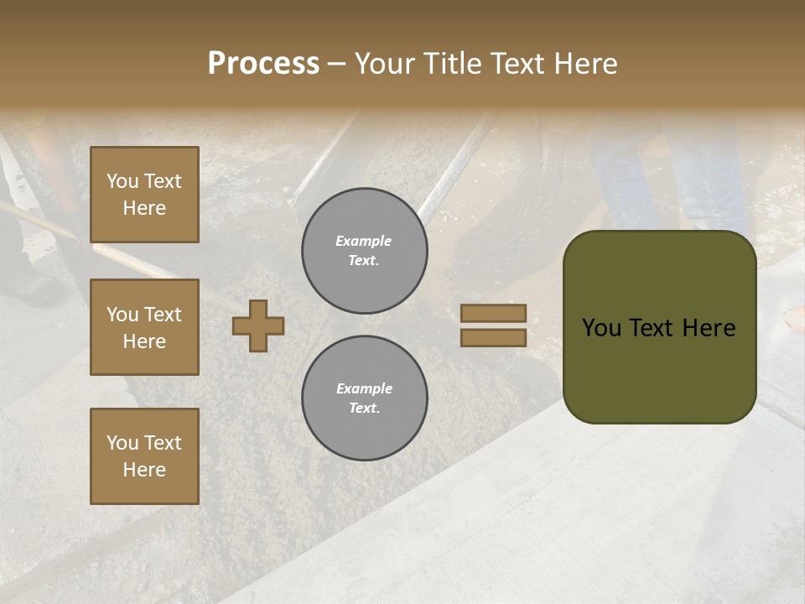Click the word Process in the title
(x=263, y=64)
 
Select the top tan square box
(x=144, y=195)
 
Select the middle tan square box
(x=144, y=327)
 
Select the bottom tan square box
(x=144, y=456)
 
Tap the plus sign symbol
(x=258, y=325)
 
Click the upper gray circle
(x=365, y=251)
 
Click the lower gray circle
(x=365, y=398)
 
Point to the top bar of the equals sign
(x=493, y=314)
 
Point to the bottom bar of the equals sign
(x=493, y=337)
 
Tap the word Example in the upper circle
(x=364, y=241)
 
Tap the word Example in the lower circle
(x=364, y=388)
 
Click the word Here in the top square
(x=144, y=208)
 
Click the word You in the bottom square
(x=122, y=443)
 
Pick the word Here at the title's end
(x=585, y=64)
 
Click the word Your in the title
(x=387, y=64)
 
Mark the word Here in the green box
(x=710, y=328)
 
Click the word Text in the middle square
(x=163, y=315)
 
